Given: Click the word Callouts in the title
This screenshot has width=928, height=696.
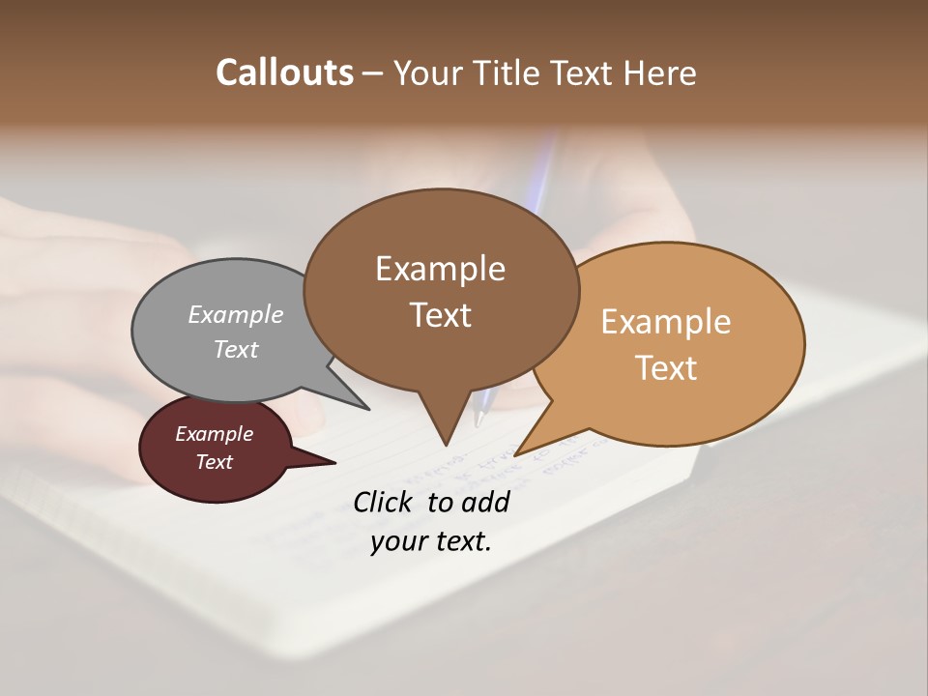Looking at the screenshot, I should pyautogui.click(x=284, y=72).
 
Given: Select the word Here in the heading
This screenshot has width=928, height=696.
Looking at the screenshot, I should pyautogui.click(x=660, y=72).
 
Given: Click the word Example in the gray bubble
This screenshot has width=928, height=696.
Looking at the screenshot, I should pyautogui.click(x=236, y=314).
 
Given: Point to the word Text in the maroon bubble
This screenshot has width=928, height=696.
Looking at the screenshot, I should pyautogui.click(x=215, y=462).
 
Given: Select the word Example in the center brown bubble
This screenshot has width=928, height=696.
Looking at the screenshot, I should pyautogui.click(x=441, y=269).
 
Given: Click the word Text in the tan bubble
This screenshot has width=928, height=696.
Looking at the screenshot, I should pyautogui.click(x=667, y=367).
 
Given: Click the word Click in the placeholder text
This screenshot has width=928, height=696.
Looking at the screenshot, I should pyautogui.click(x=383, y=502).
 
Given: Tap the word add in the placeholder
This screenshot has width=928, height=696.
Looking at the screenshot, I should pyautogui.click(x=485, y=502).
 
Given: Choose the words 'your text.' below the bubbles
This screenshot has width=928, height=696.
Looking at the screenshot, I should pyautogui.click(x=431, y=541).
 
